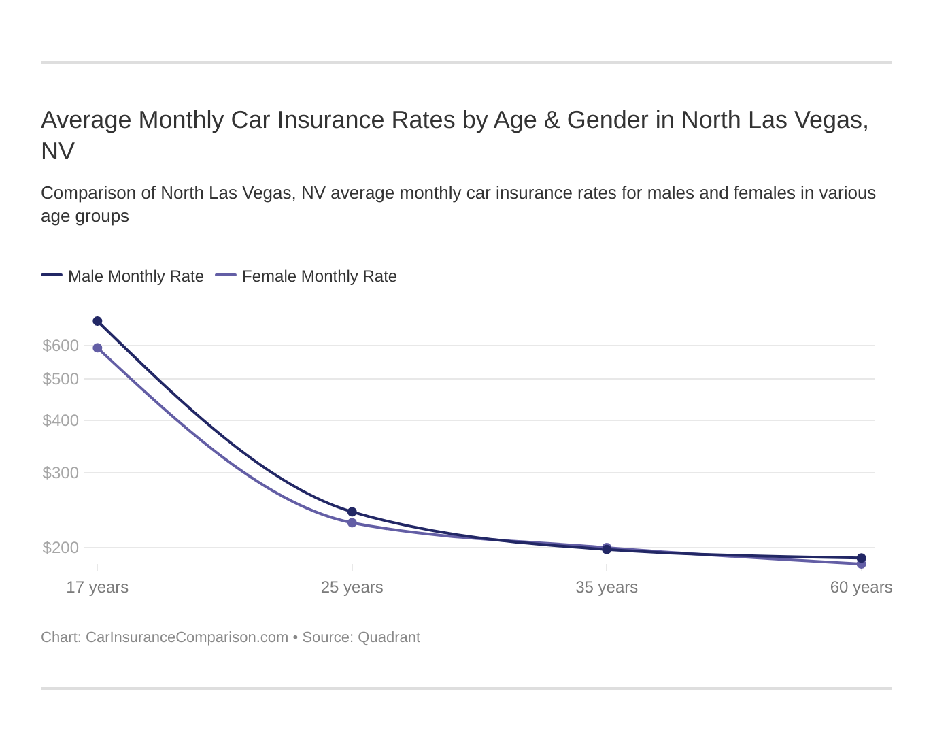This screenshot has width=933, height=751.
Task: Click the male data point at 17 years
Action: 97,321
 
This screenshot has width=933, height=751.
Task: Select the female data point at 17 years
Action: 97,348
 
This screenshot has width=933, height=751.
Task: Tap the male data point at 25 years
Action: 352,512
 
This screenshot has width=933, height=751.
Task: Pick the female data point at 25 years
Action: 352,523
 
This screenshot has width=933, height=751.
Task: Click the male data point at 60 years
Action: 861,558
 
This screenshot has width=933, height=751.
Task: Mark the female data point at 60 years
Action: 861,564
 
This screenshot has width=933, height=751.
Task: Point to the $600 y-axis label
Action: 61,346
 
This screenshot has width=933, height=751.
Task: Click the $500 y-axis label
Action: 61,379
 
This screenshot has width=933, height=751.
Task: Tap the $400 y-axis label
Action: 61,420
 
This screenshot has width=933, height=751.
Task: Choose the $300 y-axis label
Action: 61,473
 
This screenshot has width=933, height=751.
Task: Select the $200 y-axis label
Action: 61,548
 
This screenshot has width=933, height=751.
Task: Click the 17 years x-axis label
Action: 97,587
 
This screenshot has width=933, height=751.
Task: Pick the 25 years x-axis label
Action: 352,587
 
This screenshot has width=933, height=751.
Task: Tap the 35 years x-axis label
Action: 607,587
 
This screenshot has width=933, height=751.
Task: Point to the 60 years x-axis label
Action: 861,587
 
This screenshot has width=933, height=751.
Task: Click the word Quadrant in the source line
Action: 388,637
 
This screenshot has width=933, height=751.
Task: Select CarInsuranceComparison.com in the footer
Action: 187,637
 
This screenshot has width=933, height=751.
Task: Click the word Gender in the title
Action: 607,120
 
